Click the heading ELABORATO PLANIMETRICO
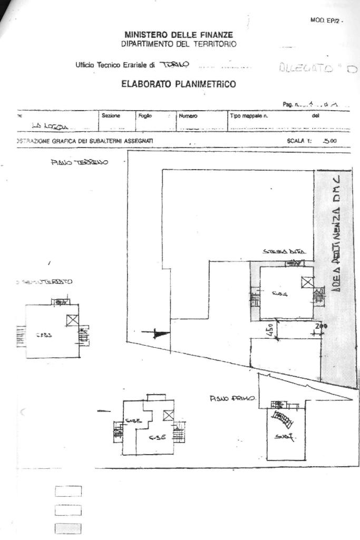tap(178, 84)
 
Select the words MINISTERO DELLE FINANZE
tap(179, 35)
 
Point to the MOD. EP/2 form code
tap(326, 21)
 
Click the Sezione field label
tap(111, 115)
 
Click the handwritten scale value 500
tap(330, 141)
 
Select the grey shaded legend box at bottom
tap(68, 528)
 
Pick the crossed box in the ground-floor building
tap(307, 282)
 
